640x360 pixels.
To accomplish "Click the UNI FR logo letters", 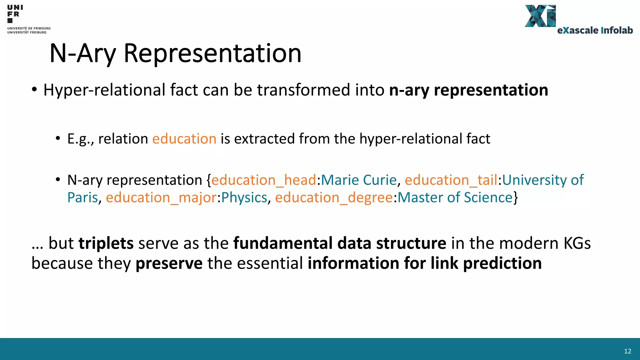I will click(14, 11).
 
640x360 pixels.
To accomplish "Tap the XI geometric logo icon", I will click(540, 16).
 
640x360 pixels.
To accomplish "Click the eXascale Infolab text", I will click(595, 30).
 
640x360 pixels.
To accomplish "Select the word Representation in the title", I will click(212, 53).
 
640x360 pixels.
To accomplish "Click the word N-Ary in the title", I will click(83, 53).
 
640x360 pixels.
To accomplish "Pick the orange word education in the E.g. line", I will click(184, 139).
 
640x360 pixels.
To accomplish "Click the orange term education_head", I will click(264, 180).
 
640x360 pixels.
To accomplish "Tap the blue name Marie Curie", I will click(359, 180).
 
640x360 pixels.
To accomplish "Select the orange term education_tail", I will click(451, 180).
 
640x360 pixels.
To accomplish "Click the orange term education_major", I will click(161, 198).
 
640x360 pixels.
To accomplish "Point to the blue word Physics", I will click(244, 198).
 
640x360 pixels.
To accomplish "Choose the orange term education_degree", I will click(334, 198).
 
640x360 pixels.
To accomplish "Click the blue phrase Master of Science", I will click(455, 197).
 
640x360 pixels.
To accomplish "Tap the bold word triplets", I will click(106, 243).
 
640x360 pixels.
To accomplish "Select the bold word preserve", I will click(169, 263).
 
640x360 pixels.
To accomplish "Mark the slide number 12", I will click(627, 351).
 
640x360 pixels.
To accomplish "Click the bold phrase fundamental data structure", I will click(340, 243).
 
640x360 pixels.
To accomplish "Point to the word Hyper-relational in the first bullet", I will click(104, 90).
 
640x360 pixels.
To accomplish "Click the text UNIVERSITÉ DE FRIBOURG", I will click(29, 28).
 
